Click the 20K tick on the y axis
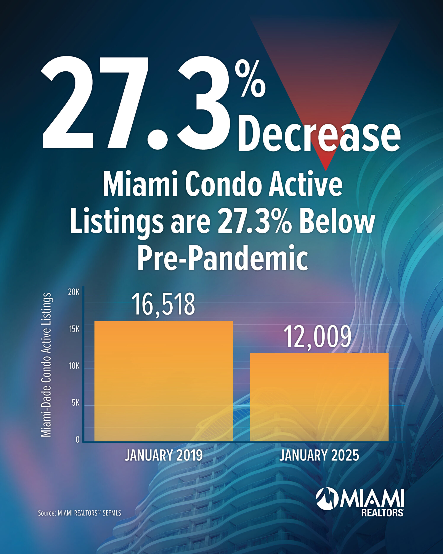[74, 292]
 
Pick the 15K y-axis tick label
[74, 329]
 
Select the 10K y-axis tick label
[74, 366]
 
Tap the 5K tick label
[75, 403]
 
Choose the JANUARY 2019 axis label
[164, 455]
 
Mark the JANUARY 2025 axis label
[319, 455]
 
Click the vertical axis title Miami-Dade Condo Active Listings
[46, 365]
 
